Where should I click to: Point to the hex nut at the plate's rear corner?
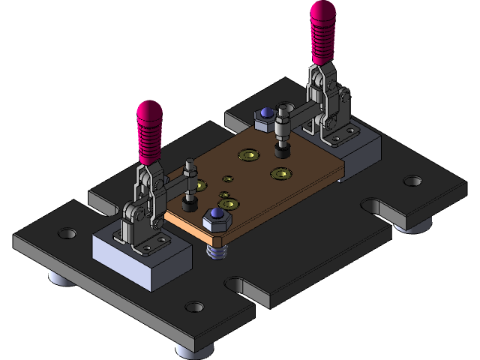tap(264, 117)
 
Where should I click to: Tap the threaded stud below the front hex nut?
tap(217, 250)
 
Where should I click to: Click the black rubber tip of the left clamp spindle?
tap(189, 204)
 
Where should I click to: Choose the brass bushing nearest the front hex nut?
tap(229, 203)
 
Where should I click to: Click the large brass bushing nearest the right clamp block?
tap(281, 174)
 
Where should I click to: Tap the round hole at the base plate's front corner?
tap(194, 307)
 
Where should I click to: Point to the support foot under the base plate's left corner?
tap(59, 277)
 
